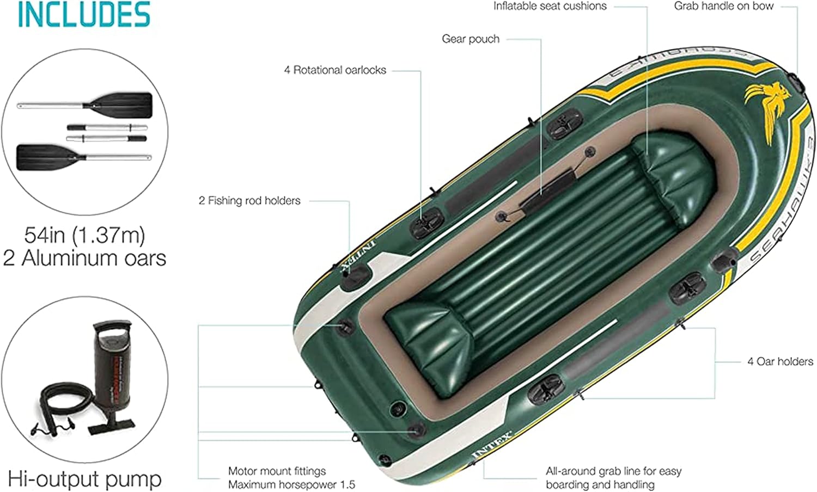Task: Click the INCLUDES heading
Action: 84,15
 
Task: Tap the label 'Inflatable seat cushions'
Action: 550,7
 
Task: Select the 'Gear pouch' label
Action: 470,39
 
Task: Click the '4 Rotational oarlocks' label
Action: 334,70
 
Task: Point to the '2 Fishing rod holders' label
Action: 249,201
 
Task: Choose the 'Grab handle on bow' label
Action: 723,7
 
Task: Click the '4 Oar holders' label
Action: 780,361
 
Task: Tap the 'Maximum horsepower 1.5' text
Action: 291,484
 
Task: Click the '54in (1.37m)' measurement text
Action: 84,235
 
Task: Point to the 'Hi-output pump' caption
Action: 84,479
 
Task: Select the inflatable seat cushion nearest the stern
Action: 430,340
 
